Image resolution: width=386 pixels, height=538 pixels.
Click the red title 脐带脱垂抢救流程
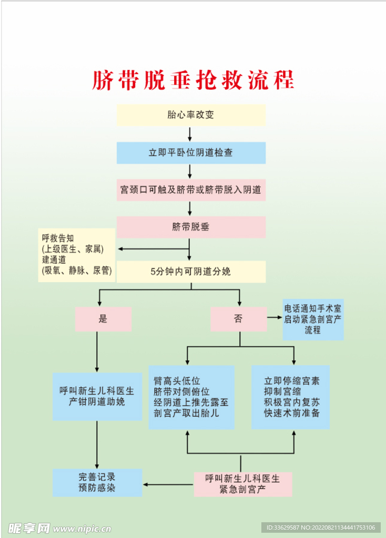(193, 80)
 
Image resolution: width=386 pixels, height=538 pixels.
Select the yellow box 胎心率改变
(191, 115)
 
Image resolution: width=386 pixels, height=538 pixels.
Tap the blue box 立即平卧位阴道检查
(191, 153)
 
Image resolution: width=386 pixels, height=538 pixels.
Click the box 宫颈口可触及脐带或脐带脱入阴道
(191, 190)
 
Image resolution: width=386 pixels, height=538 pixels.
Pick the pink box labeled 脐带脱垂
(191, 227)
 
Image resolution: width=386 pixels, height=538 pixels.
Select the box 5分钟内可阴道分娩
(191, 272)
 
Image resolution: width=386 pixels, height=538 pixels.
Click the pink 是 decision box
(103, 319)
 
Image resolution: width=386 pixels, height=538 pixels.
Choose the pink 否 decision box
(239, 319)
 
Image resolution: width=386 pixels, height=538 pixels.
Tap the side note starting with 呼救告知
(76, 255)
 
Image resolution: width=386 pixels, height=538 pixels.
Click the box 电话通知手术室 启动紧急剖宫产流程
(313, 319)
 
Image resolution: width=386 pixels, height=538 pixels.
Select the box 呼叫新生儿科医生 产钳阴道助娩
(97, 397)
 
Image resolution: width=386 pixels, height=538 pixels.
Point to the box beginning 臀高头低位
(191, 397)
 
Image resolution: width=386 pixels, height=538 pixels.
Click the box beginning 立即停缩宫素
(291, 397)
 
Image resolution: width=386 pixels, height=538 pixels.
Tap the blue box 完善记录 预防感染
(97, 483)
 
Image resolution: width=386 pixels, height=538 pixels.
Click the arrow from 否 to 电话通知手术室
(275, 318)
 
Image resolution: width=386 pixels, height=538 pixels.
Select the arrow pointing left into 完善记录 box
(168, 484)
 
